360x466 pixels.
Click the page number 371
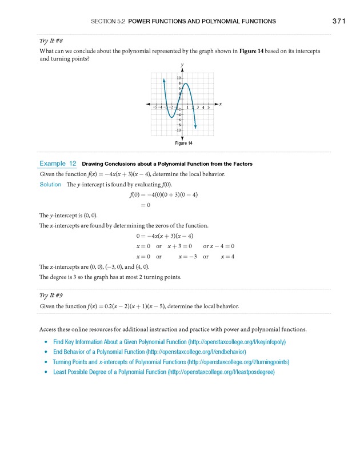coord(338,21)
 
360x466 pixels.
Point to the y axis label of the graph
coord(182,65)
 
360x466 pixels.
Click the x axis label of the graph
coord(220,103)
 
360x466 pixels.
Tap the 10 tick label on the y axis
coord(178,78)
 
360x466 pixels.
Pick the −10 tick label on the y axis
coord(178,130)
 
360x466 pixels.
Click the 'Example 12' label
coord(58,164)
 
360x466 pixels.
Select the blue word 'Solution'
coord(50,184)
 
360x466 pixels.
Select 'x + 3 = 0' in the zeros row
coord(183,246)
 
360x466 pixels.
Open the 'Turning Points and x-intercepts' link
coord(171,362)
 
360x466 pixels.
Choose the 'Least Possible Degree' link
coord(164,372)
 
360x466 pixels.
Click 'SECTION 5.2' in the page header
coord(108,21)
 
